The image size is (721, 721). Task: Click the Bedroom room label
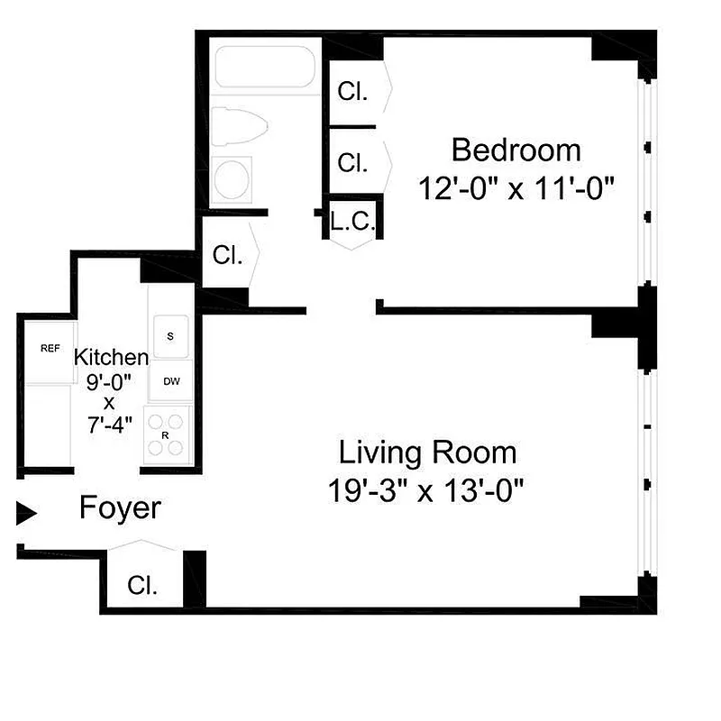pyautogui.click(x=516, y=149)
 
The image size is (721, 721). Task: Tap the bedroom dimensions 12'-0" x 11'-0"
pyautogui.click(x=516, y=189)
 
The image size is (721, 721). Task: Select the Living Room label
pyautogui.click(x=427, y=451)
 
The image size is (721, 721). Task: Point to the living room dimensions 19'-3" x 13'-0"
pyautogui.click(x=427, y=491)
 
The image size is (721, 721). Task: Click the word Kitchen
pyautogui.click(x=111, y=356)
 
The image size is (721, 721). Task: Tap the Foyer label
pyautogui.click(x=120, y=508)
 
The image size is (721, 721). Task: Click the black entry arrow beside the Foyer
pyautogui.click(x=27, y=514)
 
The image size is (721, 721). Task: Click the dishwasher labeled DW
pyautogui.click(x=171, y=381)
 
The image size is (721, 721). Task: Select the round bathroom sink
pyautogui.click(x=233, y=178)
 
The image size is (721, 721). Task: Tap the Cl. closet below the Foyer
pyautogui.click(x=142, y=586)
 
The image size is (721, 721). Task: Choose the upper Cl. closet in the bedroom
pyautogui.click(x=352, y=91)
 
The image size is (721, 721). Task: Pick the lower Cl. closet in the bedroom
pyautogui.click(x=352, y=162)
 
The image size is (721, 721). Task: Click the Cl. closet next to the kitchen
pyautogui.click(x=227, y=255)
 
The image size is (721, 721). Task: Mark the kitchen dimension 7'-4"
pyautogui.click(x=110, y=423)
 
